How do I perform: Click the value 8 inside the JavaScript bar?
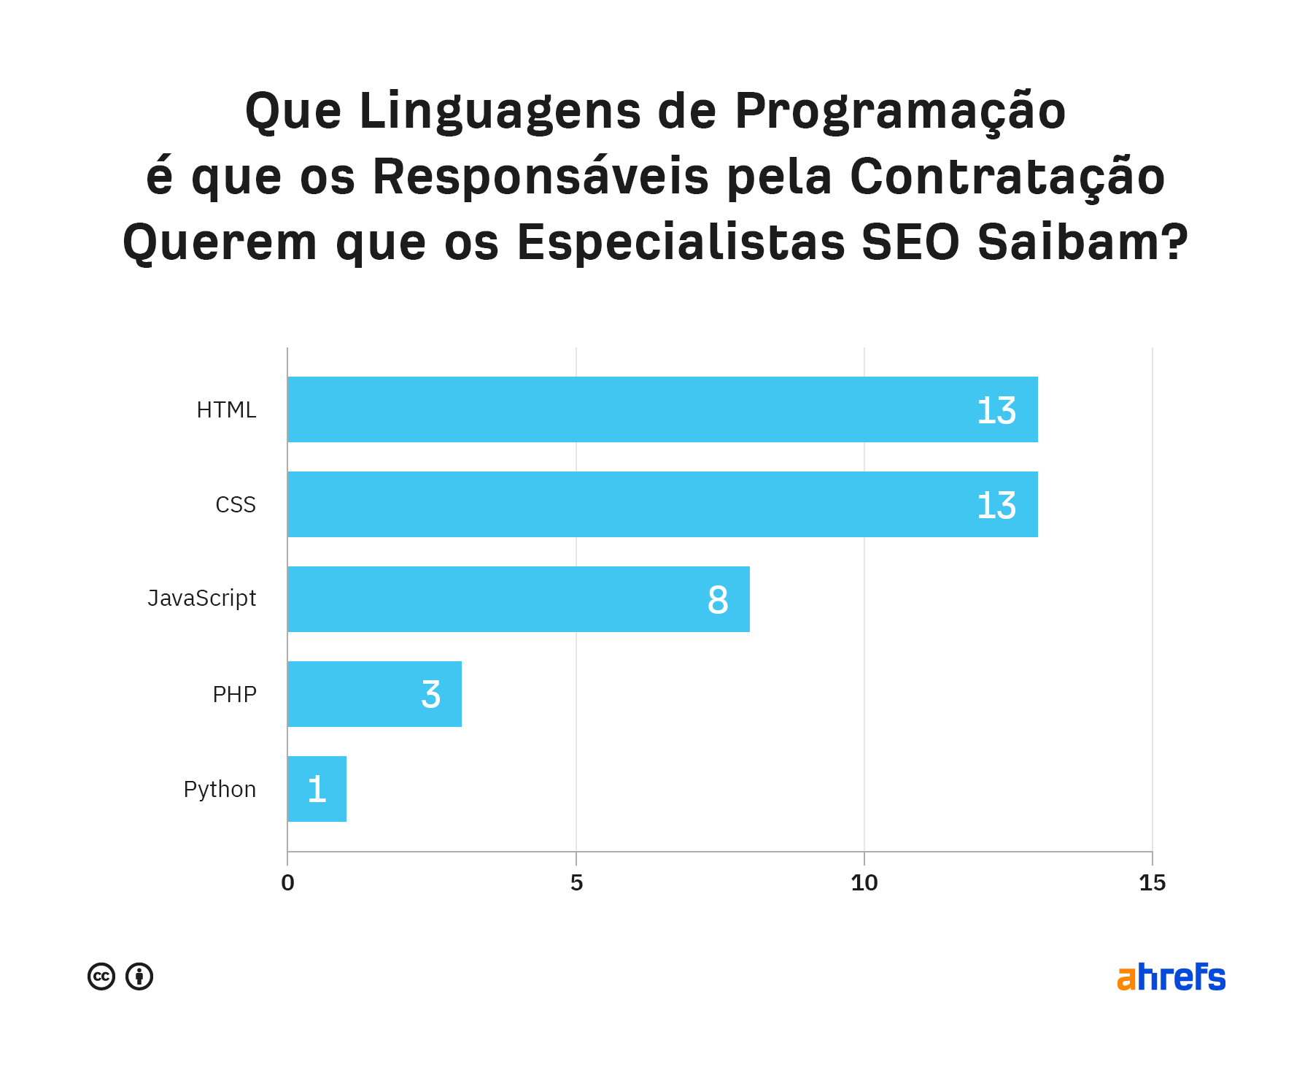(x=718, y=600)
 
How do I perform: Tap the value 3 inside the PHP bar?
(x=431, y=695)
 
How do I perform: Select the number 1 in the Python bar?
(x=317, y=790)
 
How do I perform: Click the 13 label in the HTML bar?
(x=996, y=411)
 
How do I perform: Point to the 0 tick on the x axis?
(x=288, y=883)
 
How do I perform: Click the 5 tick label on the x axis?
(x=576, y=883)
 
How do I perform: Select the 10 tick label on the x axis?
(x=864, y=883)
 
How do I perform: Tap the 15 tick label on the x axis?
(x=1153, y=883)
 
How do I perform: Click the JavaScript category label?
(x=202, y=598)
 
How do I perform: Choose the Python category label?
(x=220, y=789)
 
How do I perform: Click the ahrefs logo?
(x=1171, y=977)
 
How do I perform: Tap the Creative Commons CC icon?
(x=101, y=977)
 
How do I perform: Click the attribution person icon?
(x=139, y=977)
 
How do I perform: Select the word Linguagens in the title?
(x=500, y=111)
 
